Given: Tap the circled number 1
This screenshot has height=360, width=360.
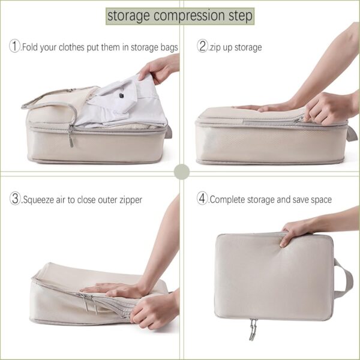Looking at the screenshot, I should pos(15,46).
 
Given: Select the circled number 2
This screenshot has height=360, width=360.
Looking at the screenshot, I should pos(203,46).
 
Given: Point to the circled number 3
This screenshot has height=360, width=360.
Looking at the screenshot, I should pos(15,199).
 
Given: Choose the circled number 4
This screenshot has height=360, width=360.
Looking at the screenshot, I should pos(203,199).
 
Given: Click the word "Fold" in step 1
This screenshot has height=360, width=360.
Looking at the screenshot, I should pos(31,47).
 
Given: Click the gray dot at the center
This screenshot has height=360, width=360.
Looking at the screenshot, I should pos(181,172).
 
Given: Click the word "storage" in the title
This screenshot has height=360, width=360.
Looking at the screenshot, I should pos(128,16).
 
